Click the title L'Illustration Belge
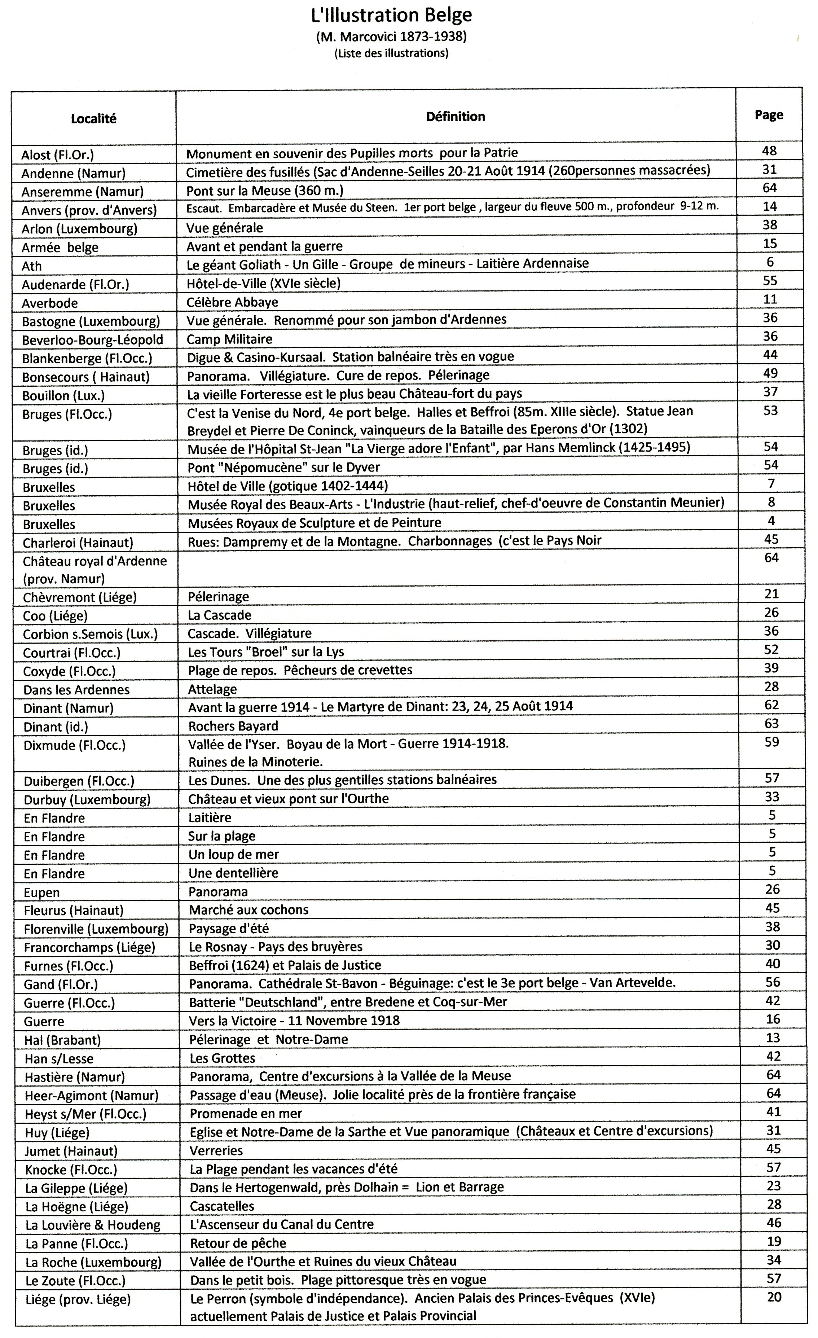point(391,15)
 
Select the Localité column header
point(93,119)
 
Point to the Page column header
point(769,115)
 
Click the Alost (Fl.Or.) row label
point(58,155)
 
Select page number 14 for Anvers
point(769,206)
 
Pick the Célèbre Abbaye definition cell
point(233,302)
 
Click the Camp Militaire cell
point(230,339)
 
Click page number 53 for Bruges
point(770,411)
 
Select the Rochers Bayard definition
point(233,726)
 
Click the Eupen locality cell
point(42,892)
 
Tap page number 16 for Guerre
point(773,1019)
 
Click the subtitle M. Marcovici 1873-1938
point(391,37)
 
